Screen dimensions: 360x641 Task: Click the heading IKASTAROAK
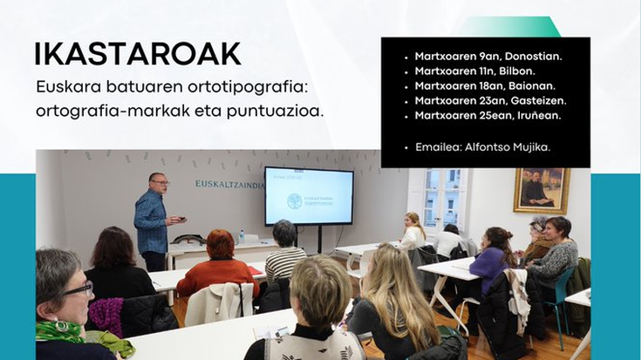pyautogui.click(x=138, y=54)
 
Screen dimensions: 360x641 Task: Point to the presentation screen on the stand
pyautogui.click(x=308, y=196)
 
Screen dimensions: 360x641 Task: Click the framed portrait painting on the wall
pyautogui.click(x=541, y=190)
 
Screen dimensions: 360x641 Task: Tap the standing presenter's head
pyautogui.click(x=158, y=182)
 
